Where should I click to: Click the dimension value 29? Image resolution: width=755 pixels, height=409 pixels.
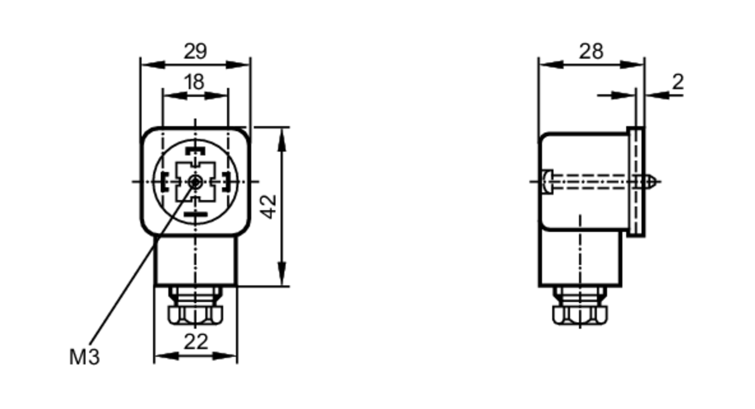(195, 51)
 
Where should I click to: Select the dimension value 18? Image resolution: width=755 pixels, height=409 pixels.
(195, 82)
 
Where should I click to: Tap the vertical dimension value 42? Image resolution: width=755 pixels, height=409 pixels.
(269, 207)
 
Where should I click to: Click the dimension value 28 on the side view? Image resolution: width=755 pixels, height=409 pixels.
(591, 51)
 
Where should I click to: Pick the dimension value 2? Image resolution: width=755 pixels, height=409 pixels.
(678, 82)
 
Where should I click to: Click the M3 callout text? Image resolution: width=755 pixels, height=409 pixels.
(85, 357)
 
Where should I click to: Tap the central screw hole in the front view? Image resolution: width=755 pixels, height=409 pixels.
(195, 182)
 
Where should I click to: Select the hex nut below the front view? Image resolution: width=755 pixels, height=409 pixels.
(195, 315)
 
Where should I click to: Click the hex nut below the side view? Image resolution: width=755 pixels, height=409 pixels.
(580, 315)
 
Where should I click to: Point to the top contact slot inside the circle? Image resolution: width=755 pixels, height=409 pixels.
(195, 151)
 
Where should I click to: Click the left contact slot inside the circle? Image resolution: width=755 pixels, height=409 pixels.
(164, 181)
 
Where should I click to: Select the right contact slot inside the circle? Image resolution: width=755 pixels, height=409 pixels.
(226, 181)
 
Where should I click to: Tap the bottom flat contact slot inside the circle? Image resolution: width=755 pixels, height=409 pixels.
(195, 214)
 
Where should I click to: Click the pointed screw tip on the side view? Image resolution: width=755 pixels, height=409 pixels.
(653, 182)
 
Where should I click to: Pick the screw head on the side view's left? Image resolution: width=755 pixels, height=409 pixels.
(547, 182)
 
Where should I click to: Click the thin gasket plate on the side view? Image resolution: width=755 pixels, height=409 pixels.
(636, 182)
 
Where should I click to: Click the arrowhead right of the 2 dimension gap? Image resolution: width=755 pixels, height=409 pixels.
(657, 95)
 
